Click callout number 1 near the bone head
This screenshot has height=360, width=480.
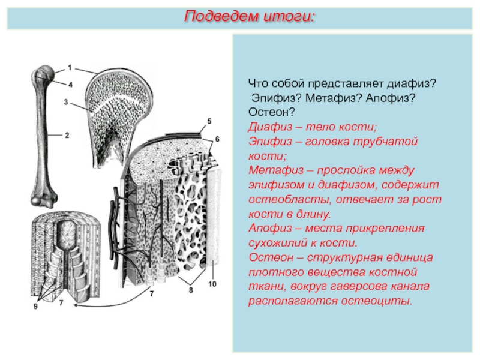coord(70,67)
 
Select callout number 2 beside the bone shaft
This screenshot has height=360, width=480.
coord(67,135)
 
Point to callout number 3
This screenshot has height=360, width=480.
coord(66,101)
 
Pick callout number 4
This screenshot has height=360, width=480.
coord(70,85)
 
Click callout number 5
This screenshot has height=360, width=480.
coord(209,121)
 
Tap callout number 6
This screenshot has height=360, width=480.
coord(217,139)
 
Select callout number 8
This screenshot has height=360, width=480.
coord(191,290)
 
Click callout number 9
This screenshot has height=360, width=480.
coord(35,306)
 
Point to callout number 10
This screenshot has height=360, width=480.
coord(212,284)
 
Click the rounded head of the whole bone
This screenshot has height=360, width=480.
coord(47,73)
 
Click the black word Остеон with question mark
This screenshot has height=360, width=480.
coord(271,112)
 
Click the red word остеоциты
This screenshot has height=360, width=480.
coord(377,301)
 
